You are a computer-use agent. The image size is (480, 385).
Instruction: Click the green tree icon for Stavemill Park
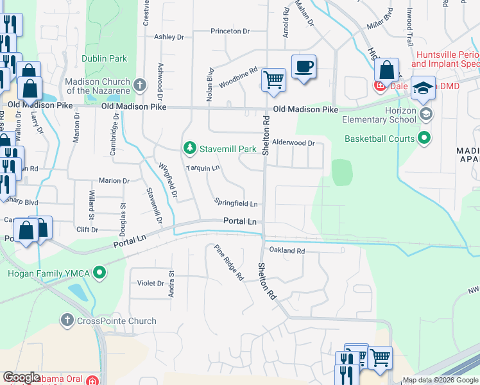pyautogui.click(x=189, y=149)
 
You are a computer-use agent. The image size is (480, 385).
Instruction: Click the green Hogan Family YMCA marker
pyautogui.click(x=99, y=273)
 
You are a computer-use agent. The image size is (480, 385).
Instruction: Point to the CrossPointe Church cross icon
pyautogui.click(x=67, y=320)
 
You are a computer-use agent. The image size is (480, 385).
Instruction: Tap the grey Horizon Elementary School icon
pyautogui.click(x=426, y=114)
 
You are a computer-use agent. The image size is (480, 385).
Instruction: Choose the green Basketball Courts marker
pyautogui.click(x=424, y=138)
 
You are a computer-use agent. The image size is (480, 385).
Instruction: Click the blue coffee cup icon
pyautogui.click(x=304, y=65)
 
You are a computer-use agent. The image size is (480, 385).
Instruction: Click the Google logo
pyautogui.click(x=22, y=377)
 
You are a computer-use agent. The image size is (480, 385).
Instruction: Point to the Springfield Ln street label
pyautogui.click(x=236, y=204)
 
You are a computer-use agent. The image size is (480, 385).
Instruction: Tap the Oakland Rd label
pyautogui.click(x=287, y=251)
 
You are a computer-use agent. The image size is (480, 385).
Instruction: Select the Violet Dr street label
pyautogui.click(x=151, y=283)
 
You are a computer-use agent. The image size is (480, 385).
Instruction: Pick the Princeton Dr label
pyautogui.click(x=230, y=31)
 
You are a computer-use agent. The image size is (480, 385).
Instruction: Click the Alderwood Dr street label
pyautogui.click(x=293, y=143)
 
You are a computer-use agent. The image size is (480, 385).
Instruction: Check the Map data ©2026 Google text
pyautogui.click(x=440, y=380)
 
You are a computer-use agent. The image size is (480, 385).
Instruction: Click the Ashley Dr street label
pyautogui.click(x=169, y=37)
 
